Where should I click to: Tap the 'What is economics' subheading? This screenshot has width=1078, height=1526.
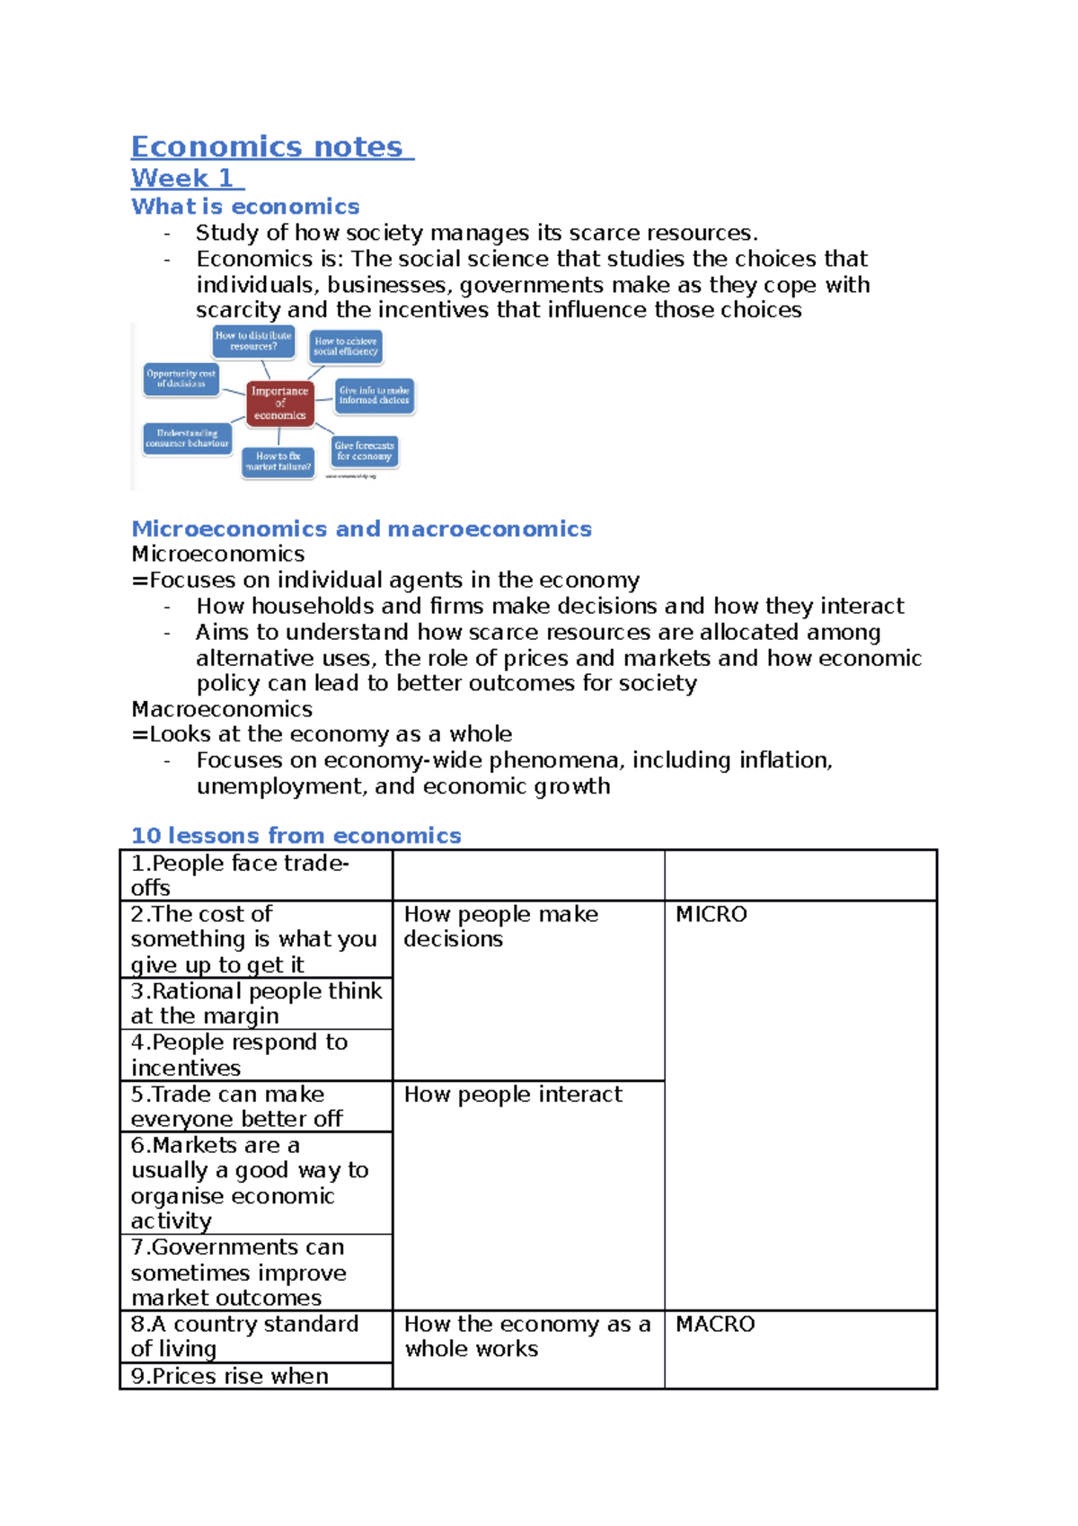pyautogui.click(x=245, y=207)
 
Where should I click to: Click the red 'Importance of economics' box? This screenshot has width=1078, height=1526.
pyautogui.click(x=279, y=403)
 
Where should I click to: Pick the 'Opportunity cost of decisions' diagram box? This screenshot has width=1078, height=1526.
pyautogui.click(x=181, y=378)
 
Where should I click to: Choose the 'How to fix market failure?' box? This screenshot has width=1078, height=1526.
pyautogui.click(x=278, y=462)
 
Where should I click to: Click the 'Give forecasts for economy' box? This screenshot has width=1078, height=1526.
pyautogui.click(x=364, y=451)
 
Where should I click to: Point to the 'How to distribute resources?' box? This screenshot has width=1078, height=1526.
pyautogui.click(x=253, y=341)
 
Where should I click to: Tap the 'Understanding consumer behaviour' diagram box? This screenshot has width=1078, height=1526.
pyautogui.click(x=187, y=439)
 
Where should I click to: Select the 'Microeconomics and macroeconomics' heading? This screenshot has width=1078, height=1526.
pyautogui.click(x=361, y=528)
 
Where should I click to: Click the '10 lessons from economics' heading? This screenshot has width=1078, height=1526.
pyautogui.click(x=296, y=836)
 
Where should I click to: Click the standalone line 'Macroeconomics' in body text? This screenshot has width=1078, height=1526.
pyautogui.click(x=222, y=709)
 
